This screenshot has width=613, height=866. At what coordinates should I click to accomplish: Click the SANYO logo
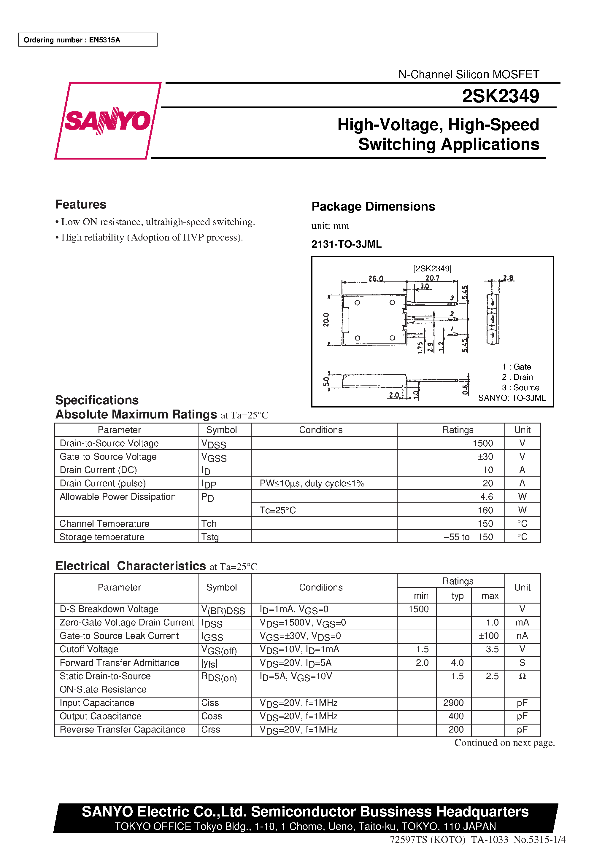click(x=108, y=121)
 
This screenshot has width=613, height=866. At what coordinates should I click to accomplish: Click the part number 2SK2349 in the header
click(x=500, y=96)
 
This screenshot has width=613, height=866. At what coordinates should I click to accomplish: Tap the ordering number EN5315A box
click(x=88, y=40)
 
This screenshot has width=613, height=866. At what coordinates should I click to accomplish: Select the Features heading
click(x=81, y=204)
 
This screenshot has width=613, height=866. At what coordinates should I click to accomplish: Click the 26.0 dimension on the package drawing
click(x=376, y=278)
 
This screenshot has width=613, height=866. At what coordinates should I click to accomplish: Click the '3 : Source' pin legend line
click(x=520, y=387)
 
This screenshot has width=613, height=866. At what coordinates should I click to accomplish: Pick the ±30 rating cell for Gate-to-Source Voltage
click(x=485, y=456)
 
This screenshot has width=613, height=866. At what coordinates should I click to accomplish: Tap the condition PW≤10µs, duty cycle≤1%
click(x=312, y=483)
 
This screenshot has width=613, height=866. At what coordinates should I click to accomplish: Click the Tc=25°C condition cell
click(x=277, y=510)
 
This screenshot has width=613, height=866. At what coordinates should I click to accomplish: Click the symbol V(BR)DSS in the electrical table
click(x=223, y=610)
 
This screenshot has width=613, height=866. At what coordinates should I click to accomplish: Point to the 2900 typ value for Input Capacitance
click(x=453, y=702)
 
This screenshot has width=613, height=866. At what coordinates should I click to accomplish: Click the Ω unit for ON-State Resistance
click(x=522, y=676)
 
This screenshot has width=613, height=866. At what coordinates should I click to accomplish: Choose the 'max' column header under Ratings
click(x=490, y=596)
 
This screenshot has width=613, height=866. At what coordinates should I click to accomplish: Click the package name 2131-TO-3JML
click(x=346, y=244)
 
